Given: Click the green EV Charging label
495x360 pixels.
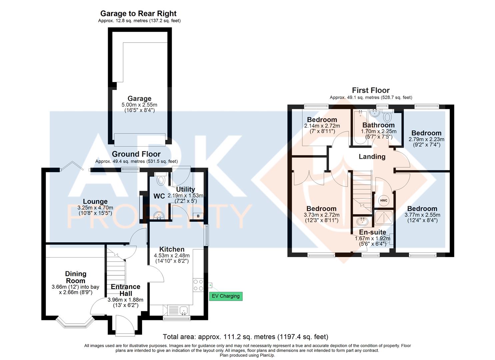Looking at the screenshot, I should [226, 296].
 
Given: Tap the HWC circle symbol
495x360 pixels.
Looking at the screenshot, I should [383, 200].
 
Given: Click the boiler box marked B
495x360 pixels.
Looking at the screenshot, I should [198, 216].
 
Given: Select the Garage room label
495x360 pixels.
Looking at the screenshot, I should [139, 99].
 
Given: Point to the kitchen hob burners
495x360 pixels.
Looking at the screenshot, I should [198, 285].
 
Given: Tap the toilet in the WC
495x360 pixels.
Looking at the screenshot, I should [161, 179].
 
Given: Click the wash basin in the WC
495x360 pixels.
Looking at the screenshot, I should [159, 216].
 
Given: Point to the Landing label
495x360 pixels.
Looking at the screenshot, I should [372, 157].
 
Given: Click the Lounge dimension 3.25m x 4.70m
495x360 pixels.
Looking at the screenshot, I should [95, 207].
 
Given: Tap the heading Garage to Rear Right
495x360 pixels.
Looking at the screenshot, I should [138, 14].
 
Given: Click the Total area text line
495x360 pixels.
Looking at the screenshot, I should [245, 337].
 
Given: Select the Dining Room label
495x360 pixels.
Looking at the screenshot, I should [76, 277].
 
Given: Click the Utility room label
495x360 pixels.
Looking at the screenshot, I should [185, 189].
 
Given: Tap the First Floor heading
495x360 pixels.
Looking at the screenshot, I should [371, 90].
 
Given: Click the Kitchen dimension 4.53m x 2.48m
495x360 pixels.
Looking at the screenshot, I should [172, 256].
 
